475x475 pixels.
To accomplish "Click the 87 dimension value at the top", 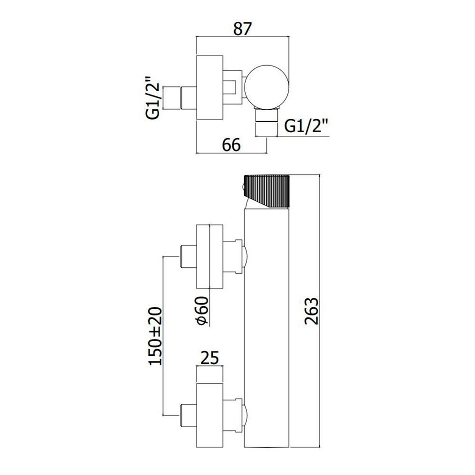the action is [x=242, y=29].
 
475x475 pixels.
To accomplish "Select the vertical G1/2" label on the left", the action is [x=154, y=98].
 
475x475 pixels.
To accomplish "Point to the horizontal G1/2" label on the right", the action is [x=306, y=126].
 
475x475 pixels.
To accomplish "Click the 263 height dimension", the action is [x=312, y=311].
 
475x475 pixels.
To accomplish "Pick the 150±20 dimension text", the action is [x=155, y=336].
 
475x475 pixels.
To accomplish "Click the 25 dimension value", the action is [x=209, y=358].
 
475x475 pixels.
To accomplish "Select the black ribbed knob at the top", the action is [x=267, y=190].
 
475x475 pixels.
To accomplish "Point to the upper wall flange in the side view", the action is [x=209, y=256].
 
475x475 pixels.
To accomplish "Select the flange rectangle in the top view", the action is [x=209, y=87].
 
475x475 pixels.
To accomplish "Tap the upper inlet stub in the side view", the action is [x=189, y=256].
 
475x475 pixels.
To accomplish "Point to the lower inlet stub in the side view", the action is [x=189, y=415].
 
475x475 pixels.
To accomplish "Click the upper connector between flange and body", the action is [x=233, y=256].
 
